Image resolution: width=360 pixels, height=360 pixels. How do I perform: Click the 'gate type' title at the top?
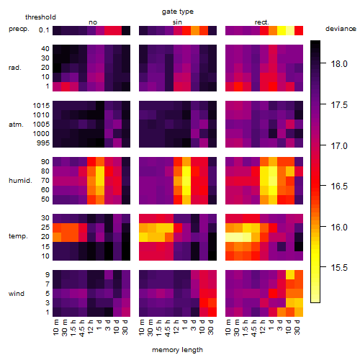coord(178,12)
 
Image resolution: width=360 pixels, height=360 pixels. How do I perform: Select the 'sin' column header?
coord(177,22)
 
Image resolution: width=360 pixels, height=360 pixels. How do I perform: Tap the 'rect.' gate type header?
coord(262,22)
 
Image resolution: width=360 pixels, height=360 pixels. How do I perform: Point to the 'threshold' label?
coord(40,17)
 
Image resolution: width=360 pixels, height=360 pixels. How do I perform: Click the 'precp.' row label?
coord(19,29)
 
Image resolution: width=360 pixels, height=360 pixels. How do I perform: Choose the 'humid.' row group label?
coord(20,181)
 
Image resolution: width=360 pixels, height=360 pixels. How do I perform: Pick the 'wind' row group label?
coord(17,294)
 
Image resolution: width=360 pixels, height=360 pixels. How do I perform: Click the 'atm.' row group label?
coord(16,125)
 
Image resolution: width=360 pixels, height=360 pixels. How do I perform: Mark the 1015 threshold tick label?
coord(41,106)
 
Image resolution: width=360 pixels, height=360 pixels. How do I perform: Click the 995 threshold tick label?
coord(43,143)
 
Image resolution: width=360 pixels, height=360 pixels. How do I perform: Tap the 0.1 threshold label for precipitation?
coord(44,30)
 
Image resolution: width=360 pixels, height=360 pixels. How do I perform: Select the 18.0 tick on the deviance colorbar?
coord(339,64)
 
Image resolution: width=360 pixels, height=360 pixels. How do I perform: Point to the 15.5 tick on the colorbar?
coord(339,267)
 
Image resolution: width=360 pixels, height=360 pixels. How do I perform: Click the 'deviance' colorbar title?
coord(341,29)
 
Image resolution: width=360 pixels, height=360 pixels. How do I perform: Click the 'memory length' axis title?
coord(177,350)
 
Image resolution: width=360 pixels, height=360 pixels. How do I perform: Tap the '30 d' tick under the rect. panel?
coord(297,327)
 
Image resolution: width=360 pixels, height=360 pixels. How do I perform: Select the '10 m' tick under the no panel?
coord(56,327)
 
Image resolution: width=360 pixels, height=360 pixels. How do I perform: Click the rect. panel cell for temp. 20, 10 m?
coord(230,237)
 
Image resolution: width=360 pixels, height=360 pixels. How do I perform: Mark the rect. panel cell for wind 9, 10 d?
coord(290,275)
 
